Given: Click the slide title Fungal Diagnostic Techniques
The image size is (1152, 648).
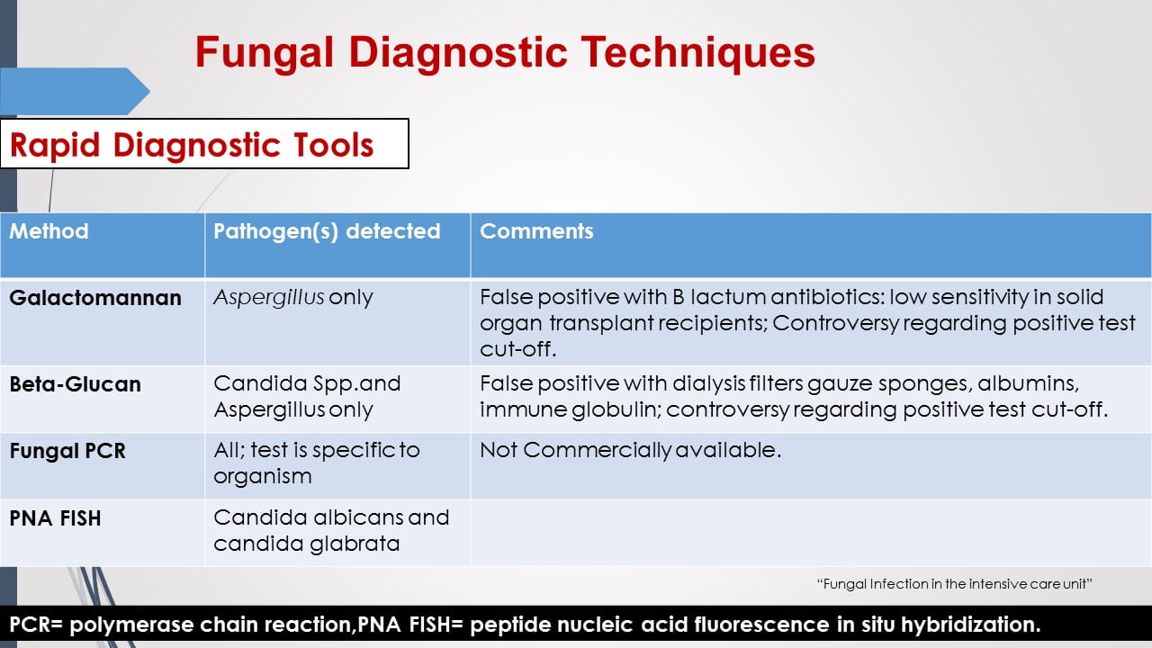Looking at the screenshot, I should click(505, 52).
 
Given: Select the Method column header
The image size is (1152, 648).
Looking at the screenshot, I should click(49, 231).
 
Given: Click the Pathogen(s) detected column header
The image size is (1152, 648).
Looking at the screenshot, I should click(327, 231).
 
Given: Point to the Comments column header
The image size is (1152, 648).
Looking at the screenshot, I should click(536, 231).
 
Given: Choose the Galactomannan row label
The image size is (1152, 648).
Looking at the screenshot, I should click(95, 298).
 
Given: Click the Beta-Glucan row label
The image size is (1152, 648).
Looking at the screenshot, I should click(76, 384).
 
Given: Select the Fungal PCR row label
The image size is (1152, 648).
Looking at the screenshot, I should click(67, 451).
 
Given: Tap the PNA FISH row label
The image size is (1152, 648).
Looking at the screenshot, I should click(56, 518).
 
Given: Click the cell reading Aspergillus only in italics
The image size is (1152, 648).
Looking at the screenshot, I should click(293, 298).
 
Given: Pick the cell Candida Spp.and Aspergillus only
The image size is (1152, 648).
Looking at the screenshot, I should click(307, 396).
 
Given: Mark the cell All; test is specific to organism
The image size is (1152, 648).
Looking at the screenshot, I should click(317, 463).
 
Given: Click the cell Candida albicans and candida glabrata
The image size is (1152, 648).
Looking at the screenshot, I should click(330, 530).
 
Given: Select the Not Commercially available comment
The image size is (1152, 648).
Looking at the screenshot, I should click(630, 450).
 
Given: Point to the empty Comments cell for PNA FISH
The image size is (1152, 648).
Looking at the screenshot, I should click(810, 532).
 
